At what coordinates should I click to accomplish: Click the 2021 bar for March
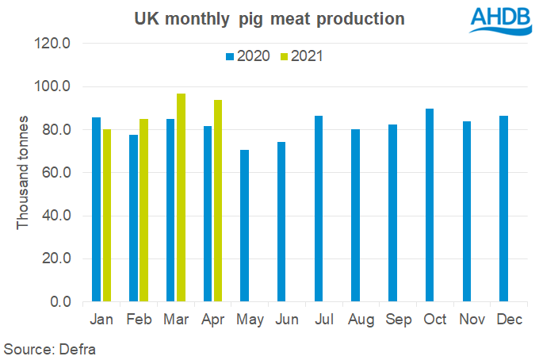click(x=181, y=197)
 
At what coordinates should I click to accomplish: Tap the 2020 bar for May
click(x=244, y=225)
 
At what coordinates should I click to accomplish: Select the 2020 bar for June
click(x=281, y=222)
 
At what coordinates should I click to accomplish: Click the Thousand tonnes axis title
click(x=23, y=172)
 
